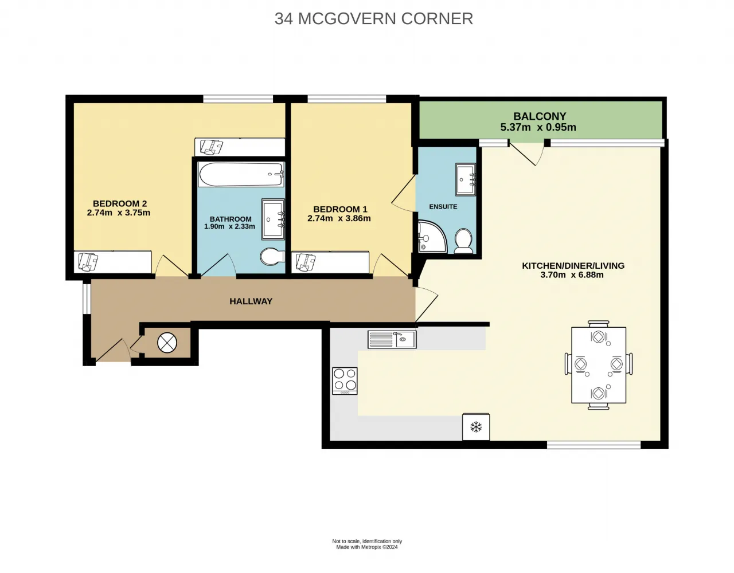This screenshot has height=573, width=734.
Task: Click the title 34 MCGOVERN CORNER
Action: click(373, 18)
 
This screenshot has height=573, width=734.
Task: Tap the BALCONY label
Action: click(540, 116)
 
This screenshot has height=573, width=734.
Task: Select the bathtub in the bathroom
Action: click(241, 174)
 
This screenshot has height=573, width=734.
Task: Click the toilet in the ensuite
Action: click(463, 241)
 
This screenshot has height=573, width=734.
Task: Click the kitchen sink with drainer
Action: click(392, 339)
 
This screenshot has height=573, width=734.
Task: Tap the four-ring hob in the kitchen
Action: click(345, 380)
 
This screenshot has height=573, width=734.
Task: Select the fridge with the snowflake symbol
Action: click(475, 426)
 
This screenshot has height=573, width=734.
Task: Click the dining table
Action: click(599, 365)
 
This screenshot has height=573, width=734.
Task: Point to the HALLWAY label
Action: click(251, 301)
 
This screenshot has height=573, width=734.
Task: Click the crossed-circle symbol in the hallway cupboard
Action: click(167, 343)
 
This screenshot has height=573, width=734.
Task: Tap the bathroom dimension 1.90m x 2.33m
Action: click(229, 226)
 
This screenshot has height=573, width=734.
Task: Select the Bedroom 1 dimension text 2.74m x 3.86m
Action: click(339, 218)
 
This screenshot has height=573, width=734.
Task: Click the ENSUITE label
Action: click(443, 206)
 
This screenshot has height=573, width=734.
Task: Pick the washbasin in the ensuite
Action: click(466, 179)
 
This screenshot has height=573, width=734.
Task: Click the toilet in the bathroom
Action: click(272, 257)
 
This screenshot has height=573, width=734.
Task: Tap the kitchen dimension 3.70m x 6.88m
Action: click(572, 274)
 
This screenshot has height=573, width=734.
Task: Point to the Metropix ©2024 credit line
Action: click(367, 547)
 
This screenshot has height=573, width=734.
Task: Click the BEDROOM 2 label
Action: click(120, 203)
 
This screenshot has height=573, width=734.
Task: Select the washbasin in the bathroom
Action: click(273, 219)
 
